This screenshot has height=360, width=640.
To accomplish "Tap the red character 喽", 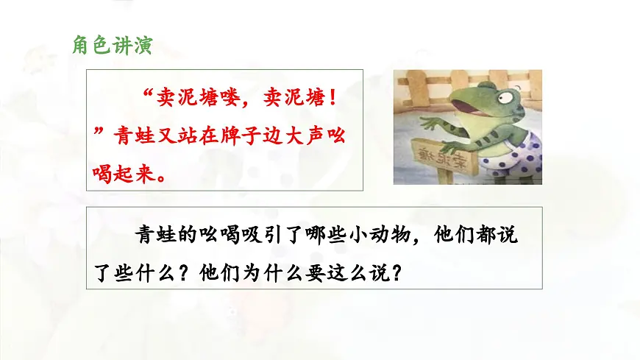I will click(x=243, y=96).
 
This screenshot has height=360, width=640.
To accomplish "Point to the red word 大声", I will click(x=302, y=136).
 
